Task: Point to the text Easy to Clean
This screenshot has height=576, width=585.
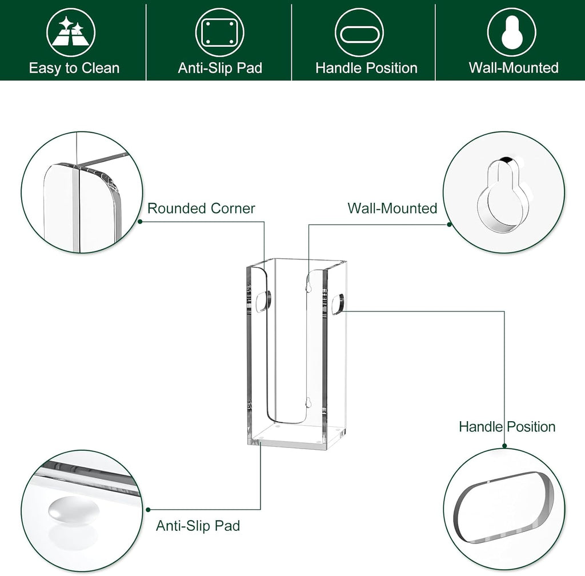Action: [x=74, y=69]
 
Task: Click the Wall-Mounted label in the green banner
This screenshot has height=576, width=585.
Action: [x=514, y=68]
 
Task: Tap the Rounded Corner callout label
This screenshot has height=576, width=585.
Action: [x=201, y=209]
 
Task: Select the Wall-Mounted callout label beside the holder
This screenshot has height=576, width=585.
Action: [x=392, y=209]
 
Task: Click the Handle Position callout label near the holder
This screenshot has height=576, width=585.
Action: [x=507, y=427]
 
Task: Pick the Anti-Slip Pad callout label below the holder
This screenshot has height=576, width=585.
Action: [x=198, y=526]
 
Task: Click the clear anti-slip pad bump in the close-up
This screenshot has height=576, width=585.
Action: [x=66, y=509]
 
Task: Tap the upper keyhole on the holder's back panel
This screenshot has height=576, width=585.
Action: [x=308, y=286]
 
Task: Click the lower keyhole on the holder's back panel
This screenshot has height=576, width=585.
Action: [x=308, y=403]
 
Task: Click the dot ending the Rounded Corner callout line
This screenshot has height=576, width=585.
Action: [x=140, y=221]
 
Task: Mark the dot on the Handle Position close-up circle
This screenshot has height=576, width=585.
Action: [x=504, y=445]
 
